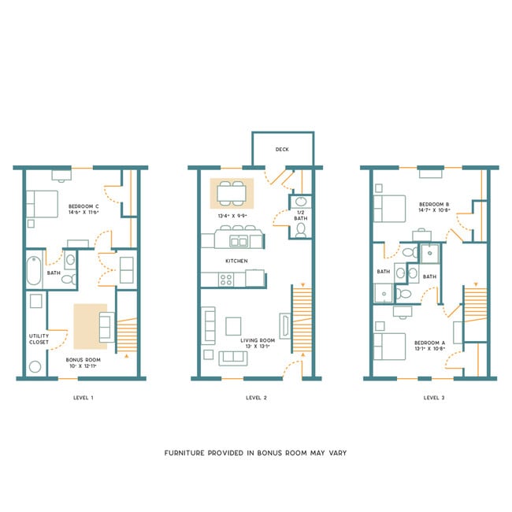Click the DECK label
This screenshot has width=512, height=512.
[x=281, y=149]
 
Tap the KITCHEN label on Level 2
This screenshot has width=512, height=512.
[x=236, y=261]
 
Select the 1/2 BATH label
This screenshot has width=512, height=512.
[x=300, y=215]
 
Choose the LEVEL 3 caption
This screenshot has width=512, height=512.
[x=434, y=398]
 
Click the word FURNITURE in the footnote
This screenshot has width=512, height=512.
[x=188, y=453]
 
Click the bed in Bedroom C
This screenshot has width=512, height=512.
[x=41, y=204]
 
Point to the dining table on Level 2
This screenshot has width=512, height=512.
[x=232, y=192]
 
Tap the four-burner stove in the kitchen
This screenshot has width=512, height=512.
[x=227, y=278]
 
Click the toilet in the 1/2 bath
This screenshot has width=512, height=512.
[x=300, y=230]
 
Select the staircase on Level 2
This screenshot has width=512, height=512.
[x=302, y=320]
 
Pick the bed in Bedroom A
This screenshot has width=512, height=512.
[x=388, y=346]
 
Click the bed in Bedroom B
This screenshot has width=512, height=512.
[x=389, y=209]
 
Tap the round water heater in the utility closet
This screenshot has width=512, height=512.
[x=35, y=367]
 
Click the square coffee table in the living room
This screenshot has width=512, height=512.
[x=233, y=325]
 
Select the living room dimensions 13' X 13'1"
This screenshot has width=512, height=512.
[x=257, y=347]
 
